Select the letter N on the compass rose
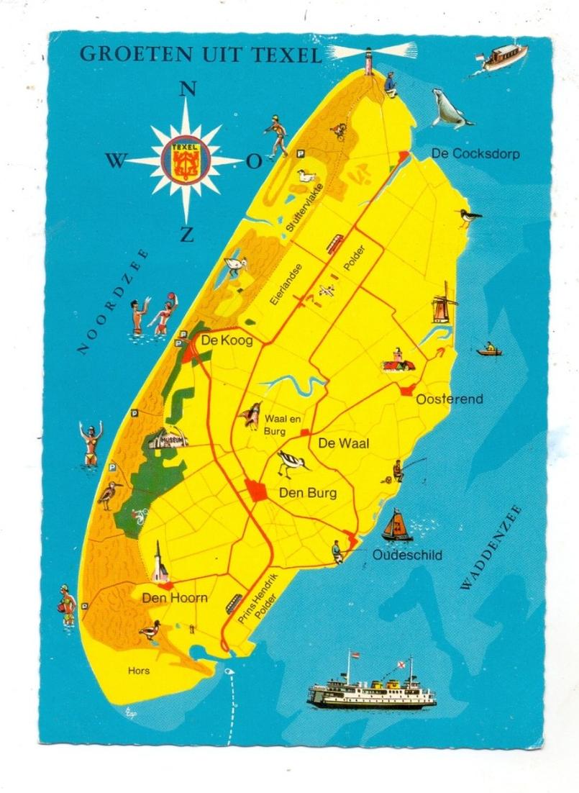click(187, 89)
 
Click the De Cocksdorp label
click(475, 154)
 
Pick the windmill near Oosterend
click(444, 303)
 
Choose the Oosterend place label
click(450, 399)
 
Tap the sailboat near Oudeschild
click(396, 526)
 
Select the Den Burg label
click(307, 494)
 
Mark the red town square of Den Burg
click(256, 491)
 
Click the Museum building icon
click(168, 439)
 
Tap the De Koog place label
click(227, 341)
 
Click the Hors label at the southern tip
click(139, 671)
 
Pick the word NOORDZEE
click(114, 302)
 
